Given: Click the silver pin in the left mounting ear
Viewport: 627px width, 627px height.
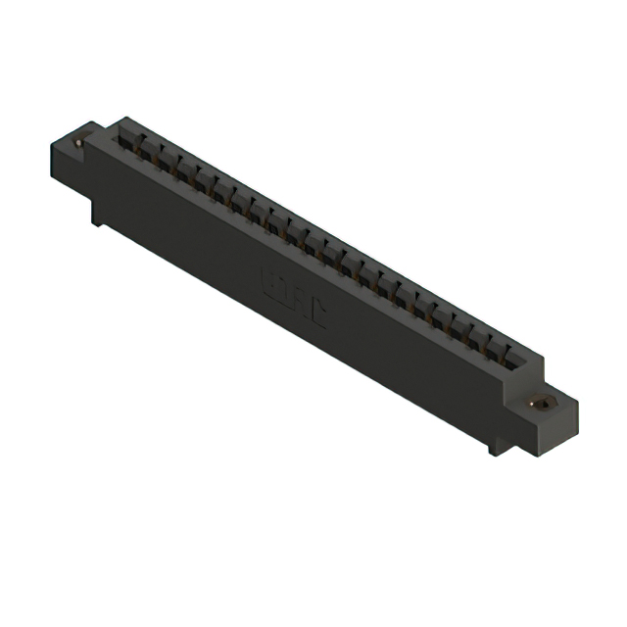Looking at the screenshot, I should pyautogui.click(x=78, y=144).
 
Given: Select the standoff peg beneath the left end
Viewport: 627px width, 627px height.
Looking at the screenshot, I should pyautogui.click(x=97, y=217).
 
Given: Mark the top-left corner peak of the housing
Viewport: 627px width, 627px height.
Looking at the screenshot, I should pyautogui.click(x=121, y=120).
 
